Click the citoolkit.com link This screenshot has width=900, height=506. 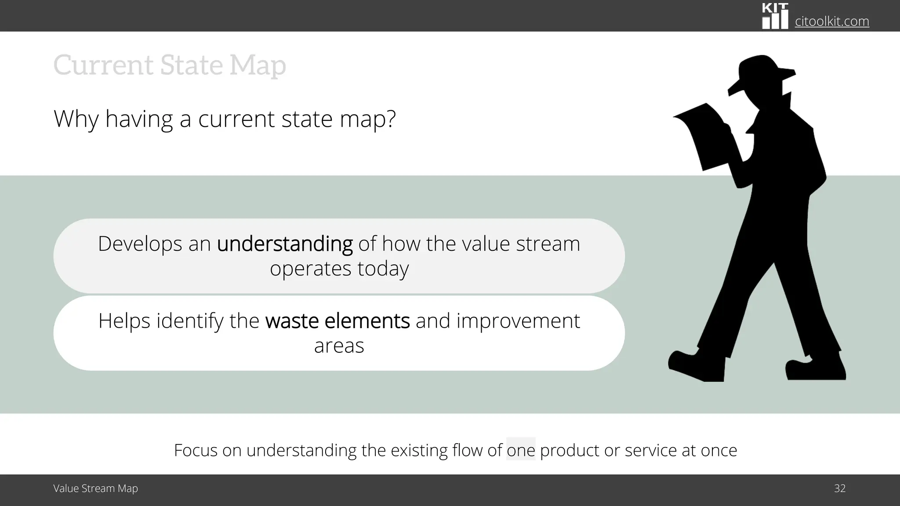(832, 21)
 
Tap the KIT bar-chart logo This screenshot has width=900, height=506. (775, 16)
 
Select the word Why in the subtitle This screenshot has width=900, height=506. (76, 119)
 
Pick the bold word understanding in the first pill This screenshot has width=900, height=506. (285, 244)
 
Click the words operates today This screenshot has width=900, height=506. (339, 268)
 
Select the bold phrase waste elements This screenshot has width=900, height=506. (337, 321)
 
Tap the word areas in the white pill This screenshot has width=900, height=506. (339, 346)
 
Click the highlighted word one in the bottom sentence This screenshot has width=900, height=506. (521, 450)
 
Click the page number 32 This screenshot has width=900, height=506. (839, 488)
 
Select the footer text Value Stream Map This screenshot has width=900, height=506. (95, 488)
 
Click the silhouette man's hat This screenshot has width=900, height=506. (760, 72)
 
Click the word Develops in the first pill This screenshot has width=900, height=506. (139, 244)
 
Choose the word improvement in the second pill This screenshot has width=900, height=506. (518, 321)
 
